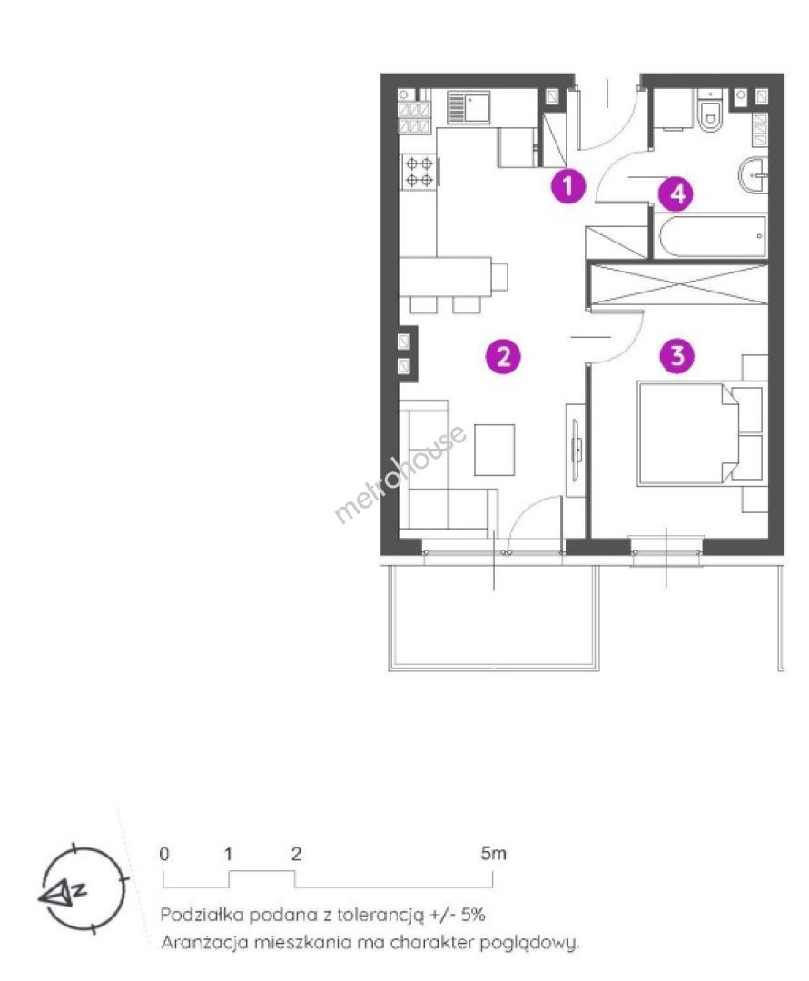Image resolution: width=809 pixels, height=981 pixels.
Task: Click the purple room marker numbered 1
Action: point(567,186)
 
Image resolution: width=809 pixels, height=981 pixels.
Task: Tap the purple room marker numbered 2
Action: point(503,357)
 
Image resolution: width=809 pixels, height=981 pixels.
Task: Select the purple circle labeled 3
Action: point(677,356)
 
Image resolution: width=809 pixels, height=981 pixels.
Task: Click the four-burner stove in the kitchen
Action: point(419,172)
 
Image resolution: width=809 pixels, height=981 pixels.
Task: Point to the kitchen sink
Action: point(469,107)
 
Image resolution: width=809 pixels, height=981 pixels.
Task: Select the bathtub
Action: point(712,236)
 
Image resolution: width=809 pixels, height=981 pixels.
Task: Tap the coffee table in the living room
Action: point(495,450)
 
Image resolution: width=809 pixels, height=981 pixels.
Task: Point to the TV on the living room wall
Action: point(577,450)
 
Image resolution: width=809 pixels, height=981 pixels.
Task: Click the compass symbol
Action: point(82,887)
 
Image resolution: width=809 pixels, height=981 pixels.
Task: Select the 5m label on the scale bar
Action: point(493,853)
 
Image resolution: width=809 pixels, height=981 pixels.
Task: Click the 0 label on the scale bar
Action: point(163,853)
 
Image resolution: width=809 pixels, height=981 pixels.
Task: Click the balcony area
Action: point(494,616)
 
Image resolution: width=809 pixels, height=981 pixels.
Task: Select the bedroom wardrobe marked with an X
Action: point(679,284)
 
